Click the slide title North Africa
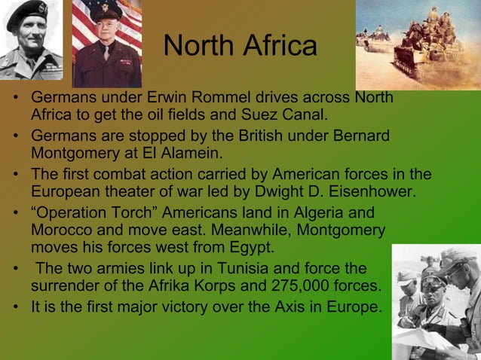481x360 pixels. [x=240, y=47]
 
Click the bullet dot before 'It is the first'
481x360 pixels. [x=16, y=307]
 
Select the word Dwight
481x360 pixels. [x=290, y=192]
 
